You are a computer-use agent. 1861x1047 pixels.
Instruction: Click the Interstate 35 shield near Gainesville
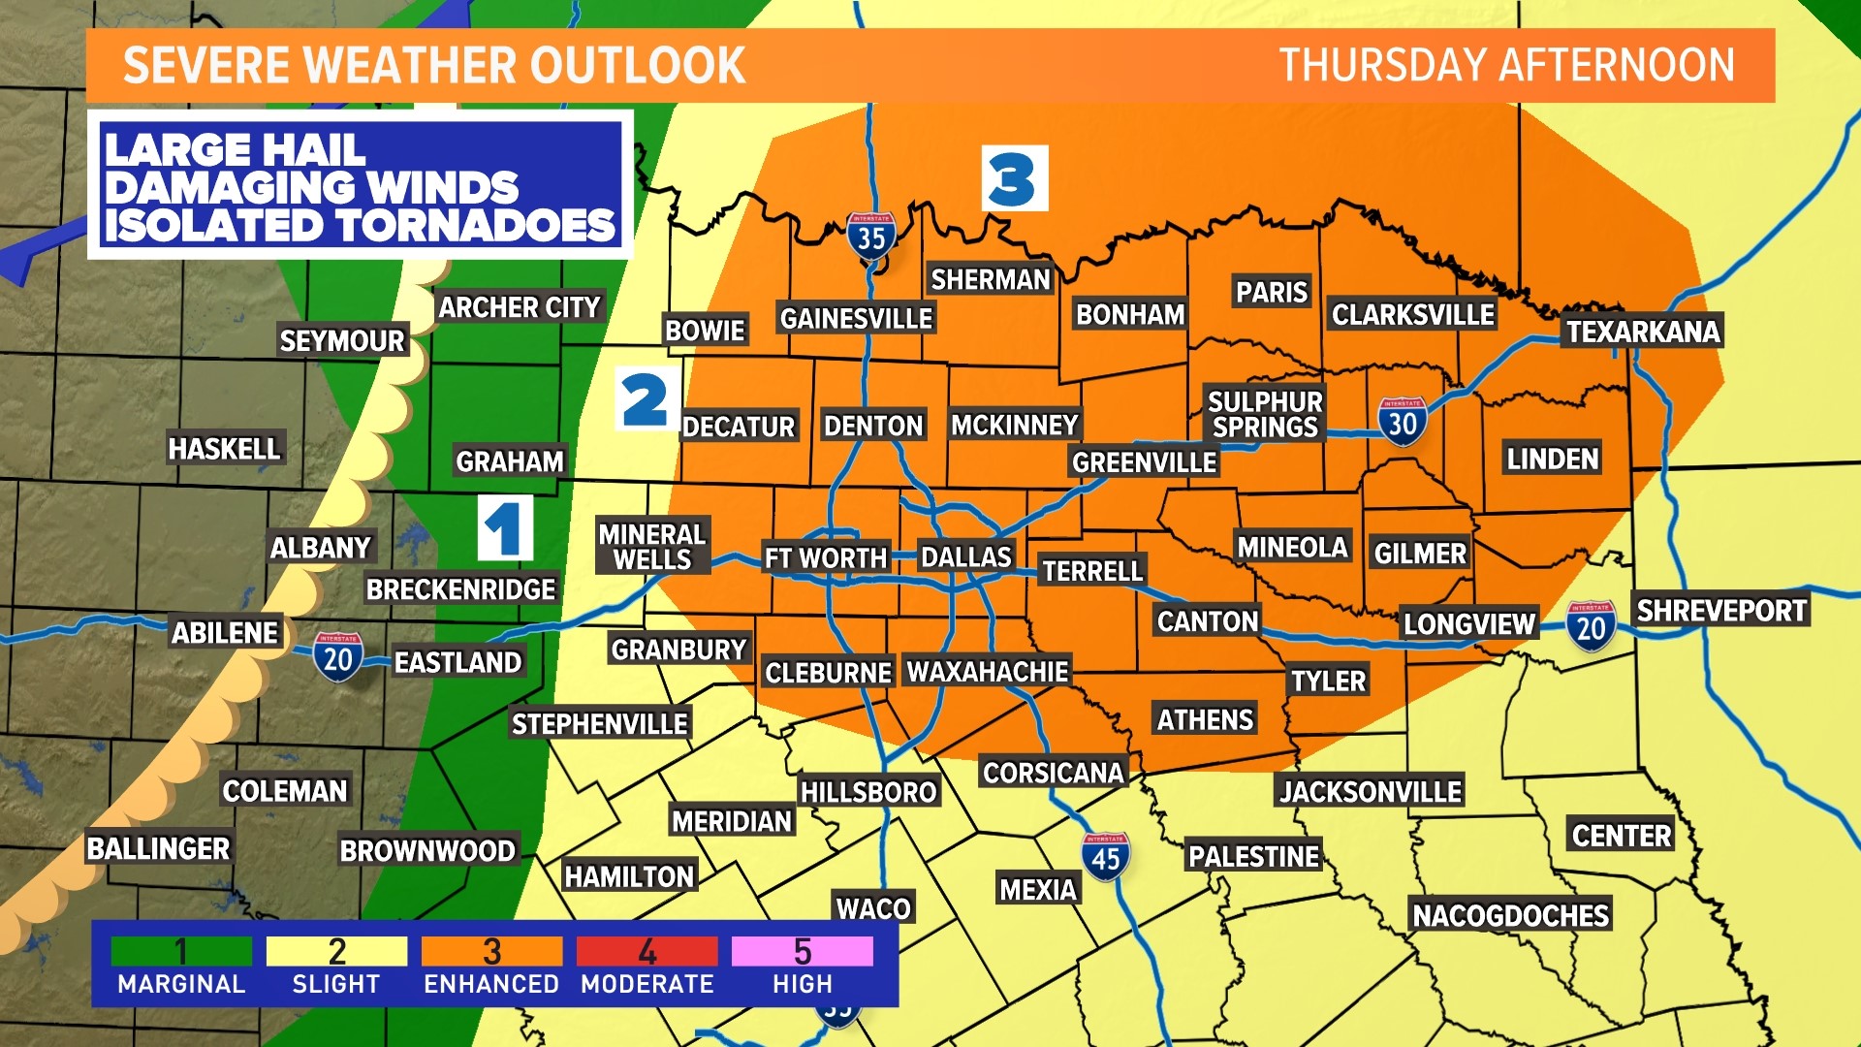point(870,236)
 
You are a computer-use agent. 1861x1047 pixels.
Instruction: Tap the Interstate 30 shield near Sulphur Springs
point(1402,421)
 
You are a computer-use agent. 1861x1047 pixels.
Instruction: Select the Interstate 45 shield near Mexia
point(1105,856)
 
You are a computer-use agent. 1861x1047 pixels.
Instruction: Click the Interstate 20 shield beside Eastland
point(337,657)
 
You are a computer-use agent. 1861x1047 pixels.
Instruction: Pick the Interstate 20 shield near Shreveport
point(1591,626)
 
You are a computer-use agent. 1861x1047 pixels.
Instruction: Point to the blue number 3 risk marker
point(1014,178)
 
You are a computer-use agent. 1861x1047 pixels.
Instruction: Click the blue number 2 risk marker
point(646,399)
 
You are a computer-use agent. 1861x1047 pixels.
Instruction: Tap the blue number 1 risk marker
point(505,528)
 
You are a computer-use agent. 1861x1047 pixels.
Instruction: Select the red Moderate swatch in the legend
point(647,951)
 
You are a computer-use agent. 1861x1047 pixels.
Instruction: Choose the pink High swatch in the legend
point(802,951)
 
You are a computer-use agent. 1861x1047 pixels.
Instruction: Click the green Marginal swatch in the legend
point(181,951)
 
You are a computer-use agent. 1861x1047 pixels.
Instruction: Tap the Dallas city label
point(965,556)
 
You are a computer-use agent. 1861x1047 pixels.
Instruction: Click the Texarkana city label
point(1643,332)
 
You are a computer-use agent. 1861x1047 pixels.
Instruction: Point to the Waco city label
point(873,908)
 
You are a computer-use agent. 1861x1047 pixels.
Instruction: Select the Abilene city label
point(225,633)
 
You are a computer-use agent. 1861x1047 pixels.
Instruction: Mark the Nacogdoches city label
point(1510,915)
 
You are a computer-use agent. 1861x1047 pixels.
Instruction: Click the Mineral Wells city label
point(651,547)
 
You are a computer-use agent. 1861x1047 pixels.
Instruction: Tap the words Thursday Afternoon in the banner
point(1506,65)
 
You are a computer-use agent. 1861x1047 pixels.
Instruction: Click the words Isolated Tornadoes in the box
point(359,226)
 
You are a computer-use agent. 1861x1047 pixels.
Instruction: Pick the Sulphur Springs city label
point(1265,414)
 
